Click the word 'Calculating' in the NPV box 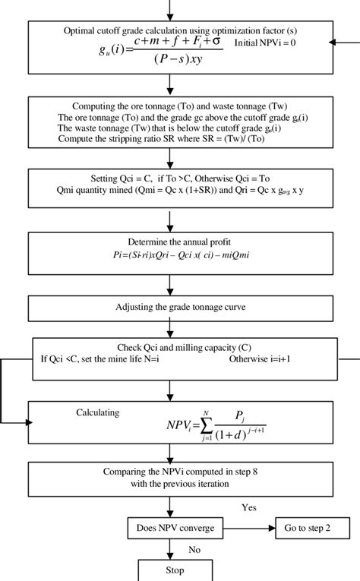click(x=98, y=412)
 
